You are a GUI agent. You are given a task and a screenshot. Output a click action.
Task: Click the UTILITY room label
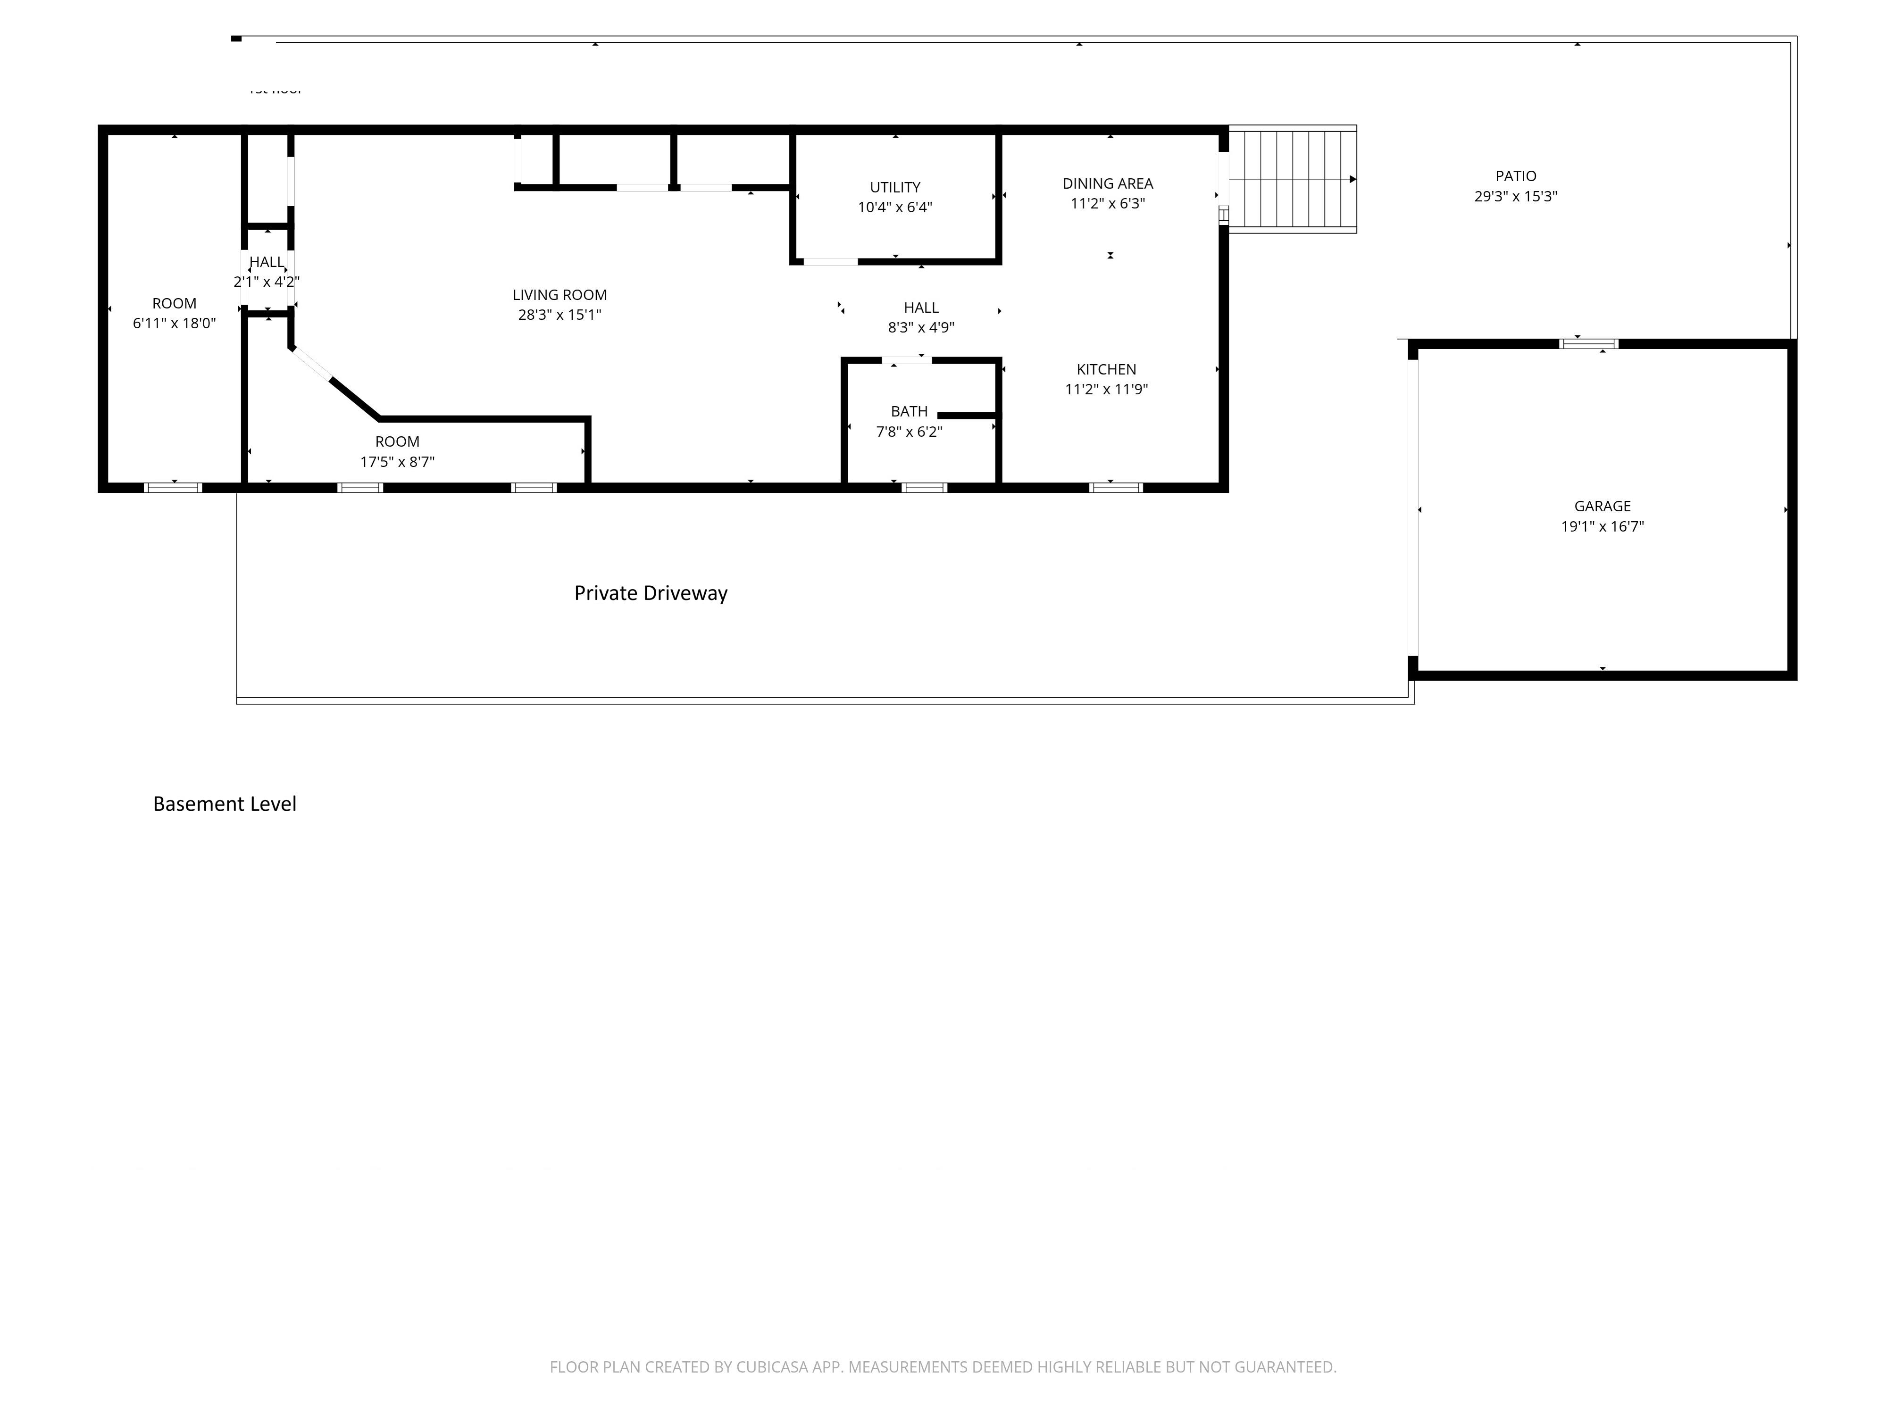(x=895, y=187)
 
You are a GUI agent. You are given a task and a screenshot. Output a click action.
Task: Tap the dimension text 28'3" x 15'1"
(x=559, y=315)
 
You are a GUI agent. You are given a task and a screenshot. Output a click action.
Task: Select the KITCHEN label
(x=1106, y=369)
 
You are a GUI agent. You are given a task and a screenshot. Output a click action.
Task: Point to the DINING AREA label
(x=1107, y=183)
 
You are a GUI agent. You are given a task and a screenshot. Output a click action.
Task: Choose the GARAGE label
(x=1602, y=506)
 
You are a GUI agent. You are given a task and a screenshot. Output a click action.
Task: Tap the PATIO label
(x=1516, y=176)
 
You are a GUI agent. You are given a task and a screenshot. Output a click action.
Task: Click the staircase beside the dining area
(x=1293, y=179)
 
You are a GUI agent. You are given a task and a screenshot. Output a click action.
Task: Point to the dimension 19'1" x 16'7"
(x=1602, y=526)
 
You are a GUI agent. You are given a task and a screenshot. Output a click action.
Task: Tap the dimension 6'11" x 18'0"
(x=174, y=323)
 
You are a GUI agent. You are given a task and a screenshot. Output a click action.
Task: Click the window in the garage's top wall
(x=1588, y=344)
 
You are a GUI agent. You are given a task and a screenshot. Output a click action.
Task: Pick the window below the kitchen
(x=1115, y=488)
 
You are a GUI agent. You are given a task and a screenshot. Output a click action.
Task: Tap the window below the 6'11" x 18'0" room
(x=173, y=488)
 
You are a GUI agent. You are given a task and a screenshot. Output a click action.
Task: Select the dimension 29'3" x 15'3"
(x=1516, y=196)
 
